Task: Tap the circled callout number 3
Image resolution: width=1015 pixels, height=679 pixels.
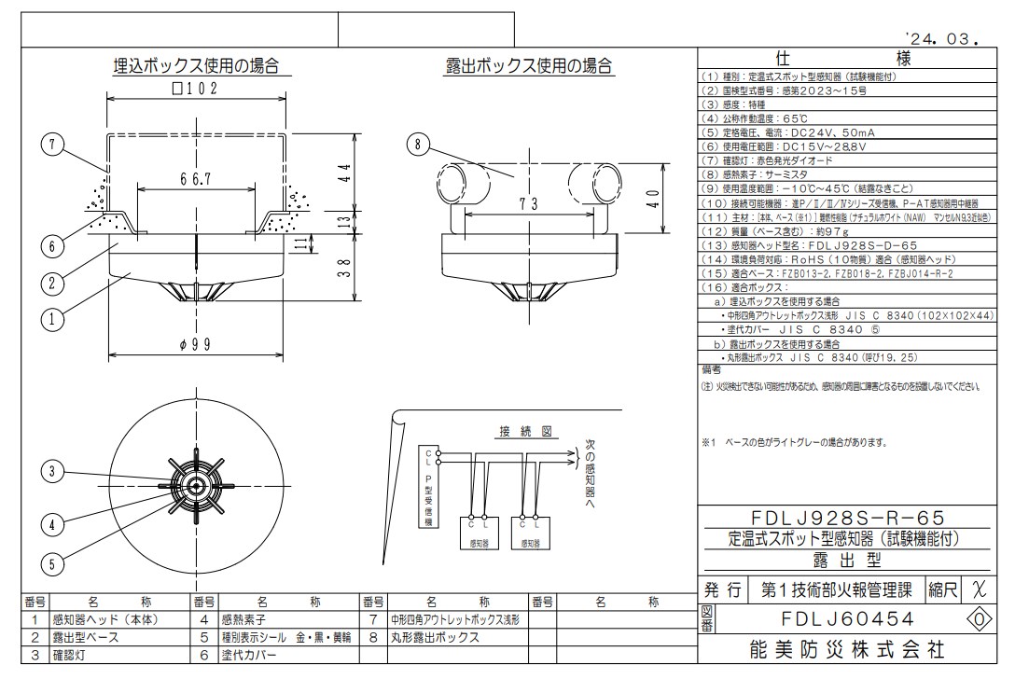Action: [x=52, y=469]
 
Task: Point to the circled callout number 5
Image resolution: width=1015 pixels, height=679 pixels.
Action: [x=52, y=563]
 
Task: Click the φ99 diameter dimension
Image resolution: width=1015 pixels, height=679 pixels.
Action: [x=196, y=344]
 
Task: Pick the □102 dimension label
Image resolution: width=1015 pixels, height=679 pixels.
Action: [x=194, y=90]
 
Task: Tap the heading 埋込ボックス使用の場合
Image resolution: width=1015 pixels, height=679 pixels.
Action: [x=196, y=65]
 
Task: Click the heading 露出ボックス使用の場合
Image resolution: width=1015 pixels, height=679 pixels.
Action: [x=529, y=65]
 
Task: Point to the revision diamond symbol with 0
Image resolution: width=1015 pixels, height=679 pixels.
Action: [x=979, y=618]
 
